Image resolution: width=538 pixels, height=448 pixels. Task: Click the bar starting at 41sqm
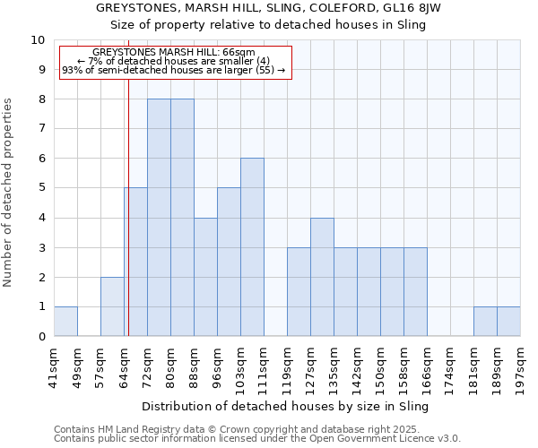coord(65,322)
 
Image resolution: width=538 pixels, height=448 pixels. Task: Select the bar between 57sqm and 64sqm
coord(112,306)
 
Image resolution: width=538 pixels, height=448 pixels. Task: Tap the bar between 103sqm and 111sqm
coord(252,247)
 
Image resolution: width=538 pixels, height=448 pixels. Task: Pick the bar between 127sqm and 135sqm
coord(322,277)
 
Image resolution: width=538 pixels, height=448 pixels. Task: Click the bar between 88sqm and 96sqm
coord(205,277)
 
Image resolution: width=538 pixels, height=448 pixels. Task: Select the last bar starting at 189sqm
coord(508,322)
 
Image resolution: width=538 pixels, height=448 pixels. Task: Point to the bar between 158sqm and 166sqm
coord(415,292)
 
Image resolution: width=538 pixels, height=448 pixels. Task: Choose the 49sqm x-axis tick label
coord(77,364)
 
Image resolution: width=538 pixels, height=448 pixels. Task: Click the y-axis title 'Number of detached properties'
coord(8,194)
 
